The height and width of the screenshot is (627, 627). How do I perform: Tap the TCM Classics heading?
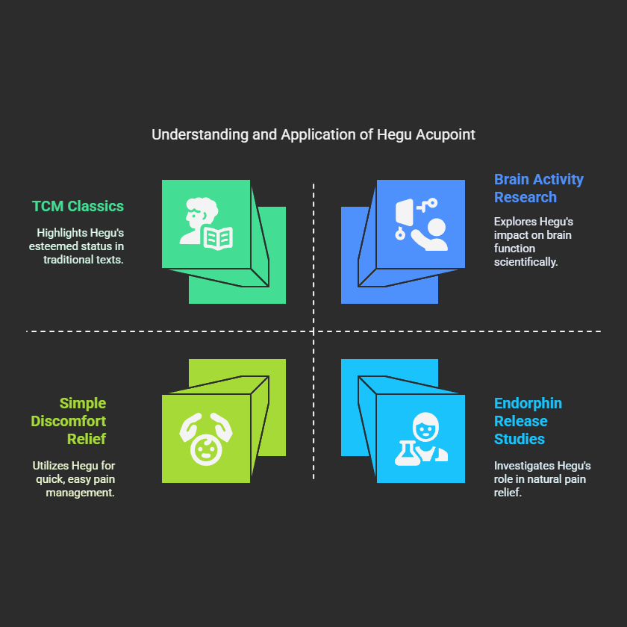(78, 206)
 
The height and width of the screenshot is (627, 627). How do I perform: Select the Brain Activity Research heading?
(538, 188)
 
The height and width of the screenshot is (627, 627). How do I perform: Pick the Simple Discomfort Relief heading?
(69, 421)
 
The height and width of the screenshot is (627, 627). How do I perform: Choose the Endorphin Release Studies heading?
(528, 421)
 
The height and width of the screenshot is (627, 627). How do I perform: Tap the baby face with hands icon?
(205, 438)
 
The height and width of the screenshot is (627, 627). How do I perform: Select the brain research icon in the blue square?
(420, 224)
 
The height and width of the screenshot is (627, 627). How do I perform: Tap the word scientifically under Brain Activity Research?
(526, 262)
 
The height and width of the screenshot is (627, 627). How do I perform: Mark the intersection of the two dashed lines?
(313, 331)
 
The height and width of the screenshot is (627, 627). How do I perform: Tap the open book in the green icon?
(218, 238)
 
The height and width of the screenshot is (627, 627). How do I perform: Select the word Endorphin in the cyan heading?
(528, 403)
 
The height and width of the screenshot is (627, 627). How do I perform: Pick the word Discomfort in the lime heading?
(69, 421)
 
